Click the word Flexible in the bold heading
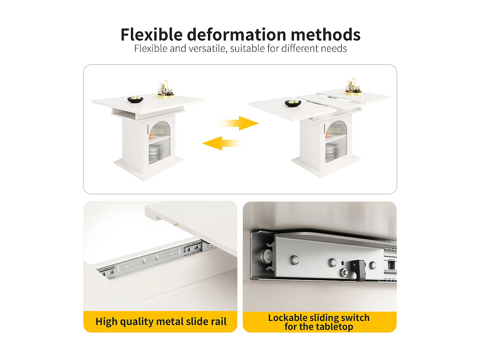(x=152, y=35)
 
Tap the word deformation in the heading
(x=236, y=35)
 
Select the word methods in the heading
(x=326, y=35)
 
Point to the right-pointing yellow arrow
(x=238, y=123)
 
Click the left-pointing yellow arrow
(x=223, y=143)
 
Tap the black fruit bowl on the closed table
(x=135, y=100)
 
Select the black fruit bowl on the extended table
(x=293, y=103)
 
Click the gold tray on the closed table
(x=166, y=96)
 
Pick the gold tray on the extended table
(x=353, y=93)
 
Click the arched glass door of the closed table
(x=159, y=142)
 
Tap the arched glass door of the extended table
(x=336, y=141)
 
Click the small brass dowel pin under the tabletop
(x=176, y=224)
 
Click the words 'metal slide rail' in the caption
(x=191, y=322)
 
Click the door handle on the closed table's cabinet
(x=148, y=130)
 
